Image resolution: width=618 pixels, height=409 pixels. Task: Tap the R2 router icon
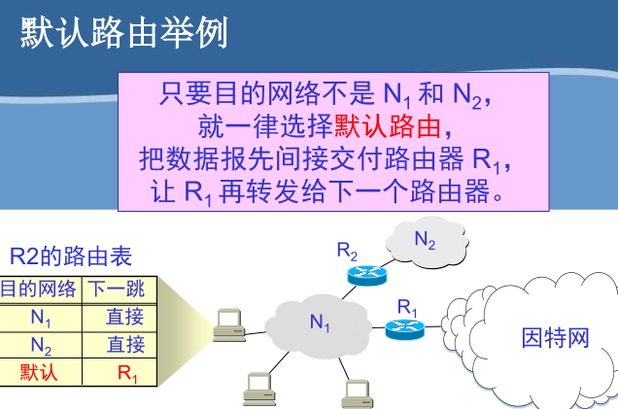point(367,275)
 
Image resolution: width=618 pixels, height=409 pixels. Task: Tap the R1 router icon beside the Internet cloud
point(404,327)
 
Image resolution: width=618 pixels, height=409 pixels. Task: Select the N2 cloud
point(425,242)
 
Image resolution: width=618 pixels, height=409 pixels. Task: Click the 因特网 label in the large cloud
point(555,338)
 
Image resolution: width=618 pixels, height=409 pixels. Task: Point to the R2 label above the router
point(347,251)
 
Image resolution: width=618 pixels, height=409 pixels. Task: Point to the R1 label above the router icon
point(407,306)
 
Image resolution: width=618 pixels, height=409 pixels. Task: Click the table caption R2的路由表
point(70,256)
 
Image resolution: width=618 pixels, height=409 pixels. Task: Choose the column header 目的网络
point(38,289)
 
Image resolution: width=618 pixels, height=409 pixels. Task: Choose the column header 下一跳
point(117,289)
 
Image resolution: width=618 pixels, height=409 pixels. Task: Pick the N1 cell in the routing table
point(41,316)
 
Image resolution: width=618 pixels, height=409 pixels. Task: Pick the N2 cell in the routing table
point(41,344)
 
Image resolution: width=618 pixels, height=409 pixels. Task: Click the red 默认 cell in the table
point(41,371)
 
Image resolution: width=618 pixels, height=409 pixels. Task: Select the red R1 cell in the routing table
point(127,371)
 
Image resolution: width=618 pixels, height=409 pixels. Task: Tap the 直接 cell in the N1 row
point(125,316)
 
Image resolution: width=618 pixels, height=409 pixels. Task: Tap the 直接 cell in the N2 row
point(125,344)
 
